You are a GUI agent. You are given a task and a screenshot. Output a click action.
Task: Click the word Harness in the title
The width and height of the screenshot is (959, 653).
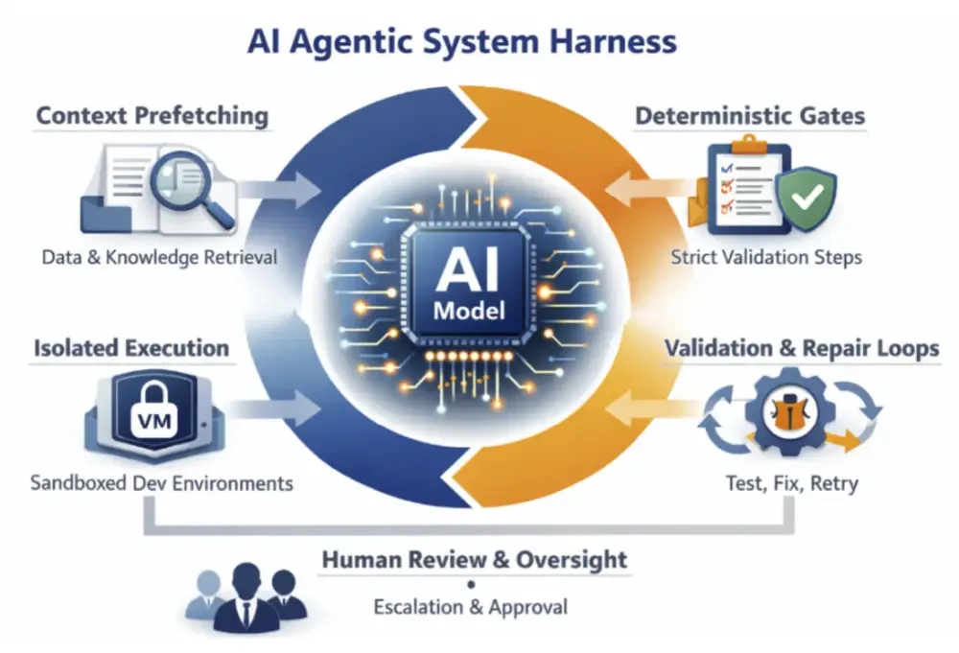point(613,41)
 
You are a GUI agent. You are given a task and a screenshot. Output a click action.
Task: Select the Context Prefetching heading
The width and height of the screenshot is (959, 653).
point(152,116)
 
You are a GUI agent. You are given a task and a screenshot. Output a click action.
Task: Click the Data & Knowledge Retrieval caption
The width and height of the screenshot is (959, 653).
point(159,257)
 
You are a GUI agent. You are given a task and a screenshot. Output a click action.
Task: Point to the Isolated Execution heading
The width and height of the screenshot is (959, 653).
point(131,348)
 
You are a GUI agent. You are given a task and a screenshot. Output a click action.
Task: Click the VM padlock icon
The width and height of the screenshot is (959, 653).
point(154,411)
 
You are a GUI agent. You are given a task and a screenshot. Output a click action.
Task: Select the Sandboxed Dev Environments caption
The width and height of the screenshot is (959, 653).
point(161,483)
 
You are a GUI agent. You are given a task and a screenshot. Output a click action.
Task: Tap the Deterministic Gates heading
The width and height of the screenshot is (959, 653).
point(751,116)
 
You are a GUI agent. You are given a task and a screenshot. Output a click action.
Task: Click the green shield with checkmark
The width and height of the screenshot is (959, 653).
point(807,197)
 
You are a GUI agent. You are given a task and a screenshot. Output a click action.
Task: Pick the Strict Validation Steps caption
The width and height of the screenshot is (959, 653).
point(766,257)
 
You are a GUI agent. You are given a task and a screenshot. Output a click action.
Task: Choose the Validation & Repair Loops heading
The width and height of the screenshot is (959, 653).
point(802,348)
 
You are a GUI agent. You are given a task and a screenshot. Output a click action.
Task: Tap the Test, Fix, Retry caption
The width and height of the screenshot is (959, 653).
point(792,483)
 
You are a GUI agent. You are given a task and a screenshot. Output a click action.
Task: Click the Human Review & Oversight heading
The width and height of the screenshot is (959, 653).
point(475,559)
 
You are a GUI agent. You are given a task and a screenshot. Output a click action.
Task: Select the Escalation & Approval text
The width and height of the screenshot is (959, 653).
point(470,607)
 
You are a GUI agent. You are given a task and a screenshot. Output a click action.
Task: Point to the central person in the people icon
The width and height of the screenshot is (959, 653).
point(246,597)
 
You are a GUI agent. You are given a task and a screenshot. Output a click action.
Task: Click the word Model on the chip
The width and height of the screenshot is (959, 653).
point(469,311)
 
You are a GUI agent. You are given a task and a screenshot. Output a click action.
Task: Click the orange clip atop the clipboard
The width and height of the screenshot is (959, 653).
point(749,145)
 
